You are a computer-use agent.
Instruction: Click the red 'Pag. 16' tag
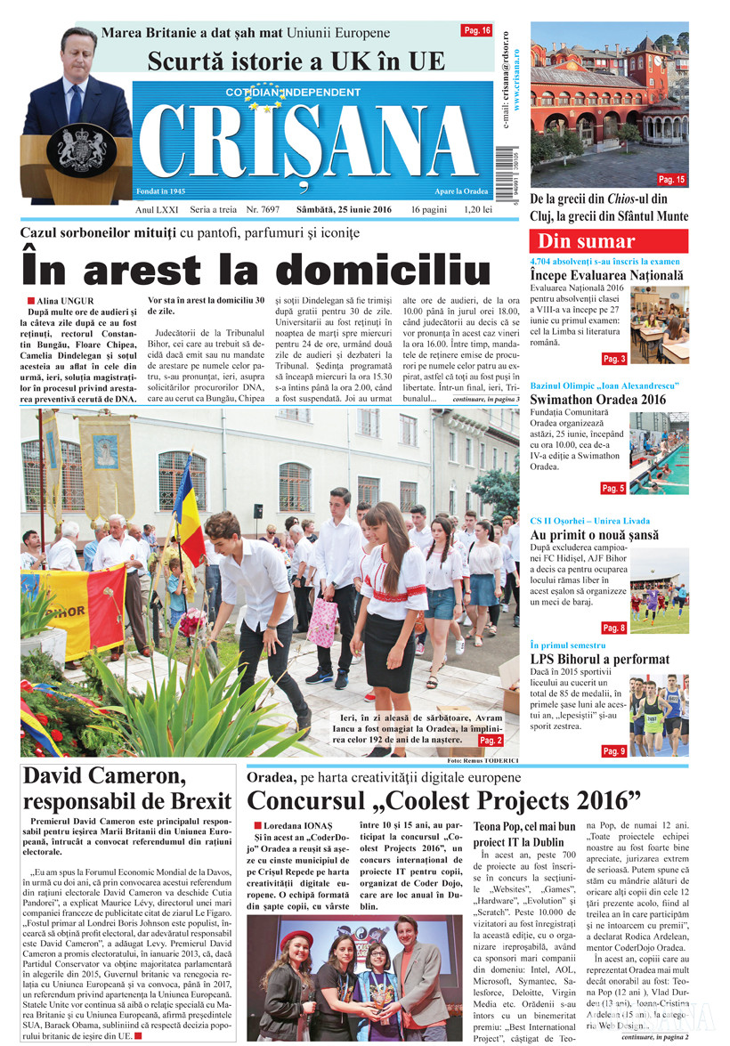point(476,30)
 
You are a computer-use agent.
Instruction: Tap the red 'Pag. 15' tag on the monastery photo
point(671,179)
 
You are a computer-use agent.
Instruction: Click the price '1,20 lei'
point(478,210)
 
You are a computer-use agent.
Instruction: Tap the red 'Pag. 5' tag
point(613,488)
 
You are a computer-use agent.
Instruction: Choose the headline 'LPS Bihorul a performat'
point(599,660)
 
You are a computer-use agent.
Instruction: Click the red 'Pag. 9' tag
point(613,751)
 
